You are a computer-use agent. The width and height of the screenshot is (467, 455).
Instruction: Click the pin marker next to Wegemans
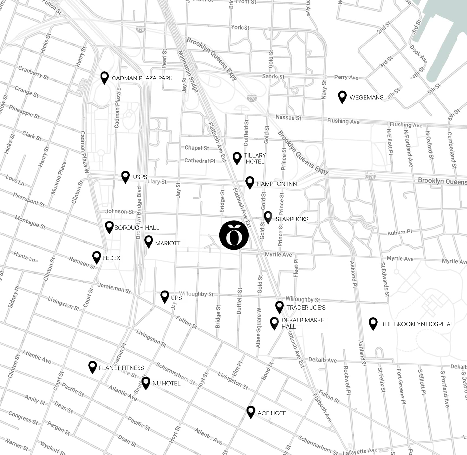pyautogui.click(x=342, y=97)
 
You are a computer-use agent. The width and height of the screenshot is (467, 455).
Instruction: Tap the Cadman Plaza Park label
pyautogui.click(x=142, y=78)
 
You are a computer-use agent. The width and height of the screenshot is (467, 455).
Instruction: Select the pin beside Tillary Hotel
pyautogui.click(x=237, y=158)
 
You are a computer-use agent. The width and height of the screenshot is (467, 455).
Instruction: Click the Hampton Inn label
pyautogui.click(x=277, y=184)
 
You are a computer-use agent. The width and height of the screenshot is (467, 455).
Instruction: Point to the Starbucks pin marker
pyautogui.click(x=268, y=217)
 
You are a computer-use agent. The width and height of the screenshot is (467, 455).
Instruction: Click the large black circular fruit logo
pyautogui.click(x=234, y=235)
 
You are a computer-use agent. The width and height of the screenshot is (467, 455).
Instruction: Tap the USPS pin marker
pyautogui.click(x=126, y=177)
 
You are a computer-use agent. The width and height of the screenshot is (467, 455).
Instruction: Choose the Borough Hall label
pyautogui.click(x=137, y=228)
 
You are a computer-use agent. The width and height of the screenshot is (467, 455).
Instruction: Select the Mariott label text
pyautogui.click(x=168, y=243)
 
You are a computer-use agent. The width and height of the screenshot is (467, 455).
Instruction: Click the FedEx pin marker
pyautogui.click(x=97, y=257)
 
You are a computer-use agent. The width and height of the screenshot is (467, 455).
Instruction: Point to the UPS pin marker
pyautogui.click(x=165, y=296)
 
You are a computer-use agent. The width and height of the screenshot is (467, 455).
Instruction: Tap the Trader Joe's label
pyautogui.click(x=306, y=307)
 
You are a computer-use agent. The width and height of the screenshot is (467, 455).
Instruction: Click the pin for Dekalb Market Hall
pyautogui.click(x=274, y=323)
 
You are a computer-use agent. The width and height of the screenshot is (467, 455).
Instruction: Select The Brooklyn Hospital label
pyautogui.click(x=417, y=324)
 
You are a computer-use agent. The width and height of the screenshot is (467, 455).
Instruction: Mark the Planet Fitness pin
pyautogui.click(x=93, y=367)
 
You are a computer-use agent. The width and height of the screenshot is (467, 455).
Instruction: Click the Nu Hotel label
pyautogui.click(x=166, y=383)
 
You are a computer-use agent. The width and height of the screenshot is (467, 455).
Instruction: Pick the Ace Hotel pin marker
pyautogui.click(x=251, y=412)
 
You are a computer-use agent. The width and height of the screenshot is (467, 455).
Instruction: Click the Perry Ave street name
pyautogui.click(x=346, y=78)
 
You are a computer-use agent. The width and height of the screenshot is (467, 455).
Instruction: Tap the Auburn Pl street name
pyautogui.click(x=399, y=233)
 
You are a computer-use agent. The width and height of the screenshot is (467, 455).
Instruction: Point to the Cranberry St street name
pyautogui.click(x=33, y=73)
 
